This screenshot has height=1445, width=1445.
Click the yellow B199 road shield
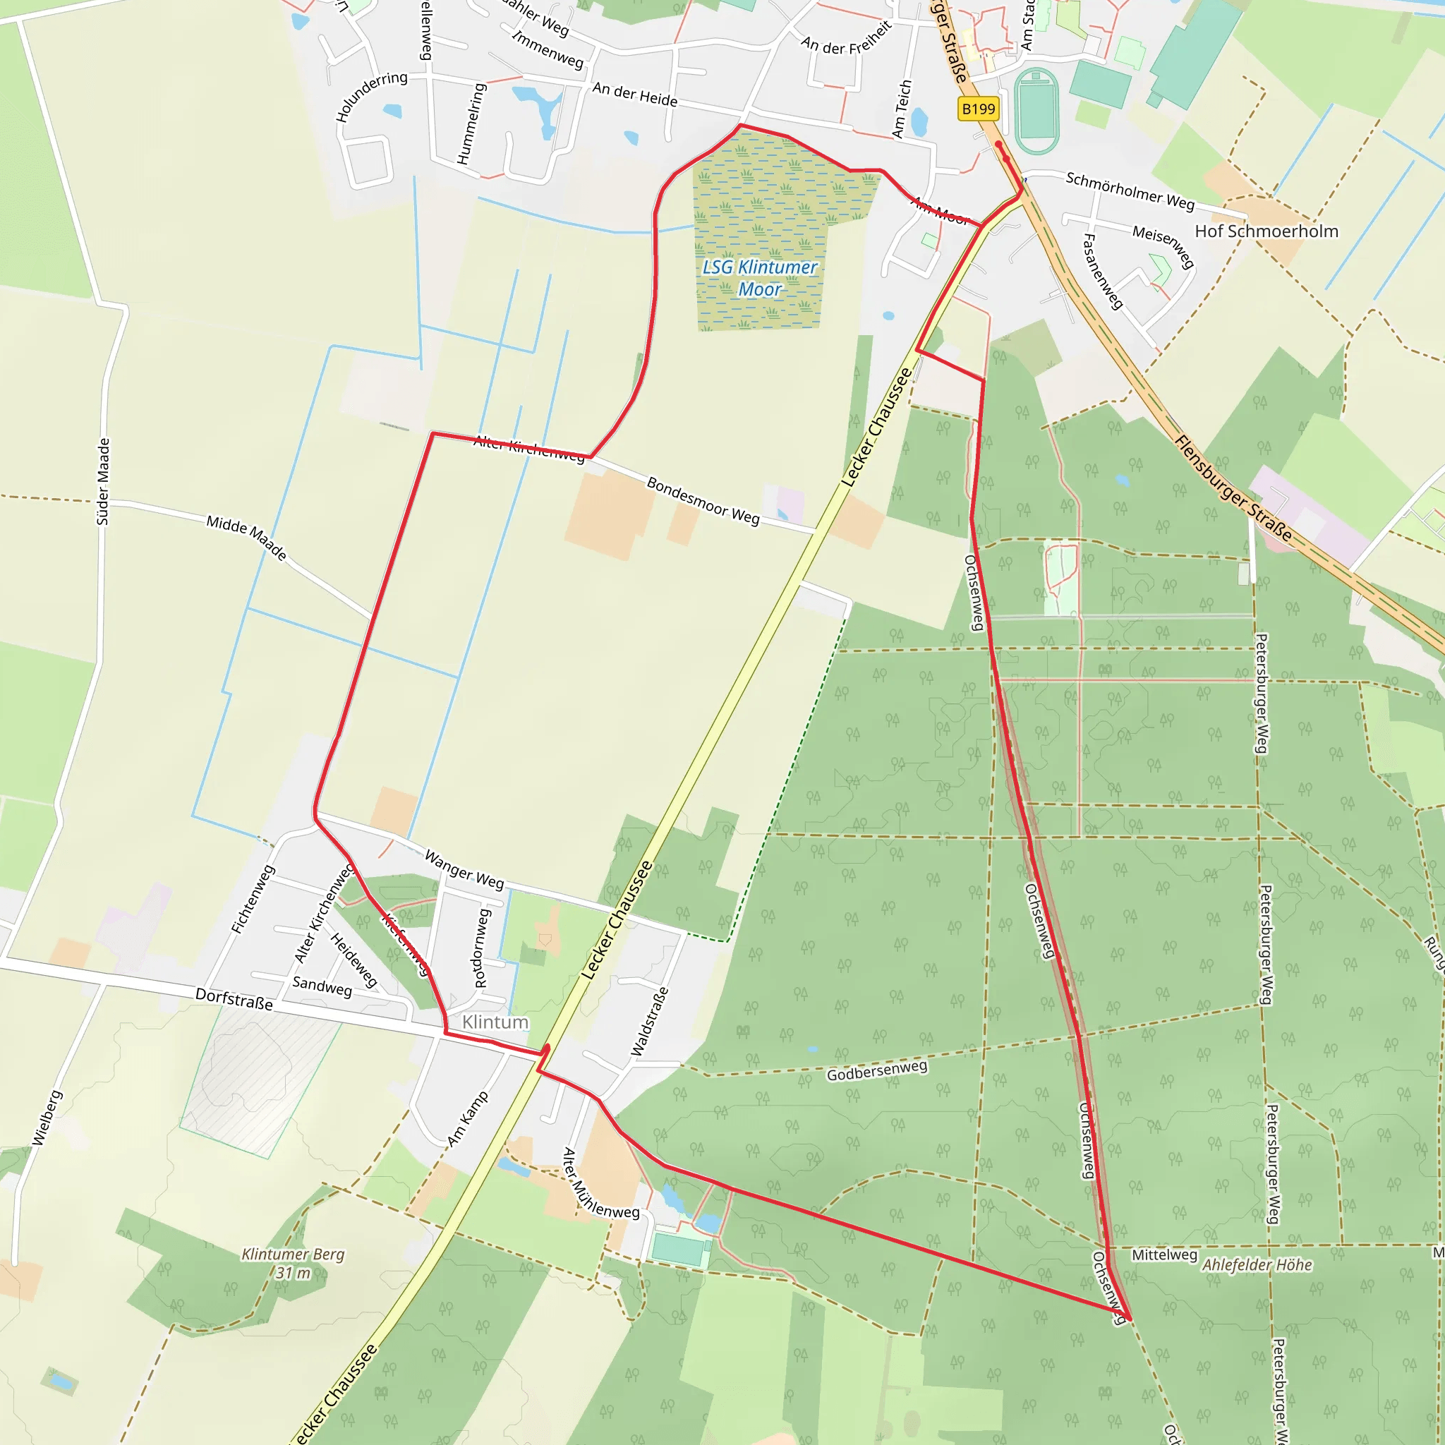click(x=979, y=109)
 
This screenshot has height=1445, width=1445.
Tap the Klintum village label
click(x=495, y=1022)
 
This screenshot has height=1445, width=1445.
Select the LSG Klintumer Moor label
click(x=760, y=278)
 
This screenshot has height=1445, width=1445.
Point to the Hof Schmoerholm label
click(x=1266, y=231)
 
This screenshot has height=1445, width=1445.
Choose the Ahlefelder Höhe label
click(x=1257, y=1265)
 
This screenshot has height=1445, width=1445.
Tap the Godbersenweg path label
click(x=876, y=1070)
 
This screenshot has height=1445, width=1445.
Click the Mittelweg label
click(x=1163, y=1255)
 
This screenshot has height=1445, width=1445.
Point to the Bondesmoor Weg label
click(x=702, y=500)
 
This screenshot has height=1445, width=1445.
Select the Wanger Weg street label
click(x=464, y=869)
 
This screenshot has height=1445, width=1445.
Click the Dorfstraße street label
click(x=234, y=998)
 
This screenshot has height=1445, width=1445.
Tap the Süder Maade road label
click(x=103, y=482)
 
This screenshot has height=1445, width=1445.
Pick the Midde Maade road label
click(x=247, y=537)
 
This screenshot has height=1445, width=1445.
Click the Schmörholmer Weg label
click(x=1130, y=191)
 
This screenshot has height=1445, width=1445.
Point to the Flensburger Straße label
click(x=1233, y=488)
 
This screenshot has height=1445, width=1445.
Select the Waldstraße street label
click(x=649, y=1021)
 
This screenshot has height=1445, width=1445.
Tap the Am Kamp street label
click(x=468, y=1119)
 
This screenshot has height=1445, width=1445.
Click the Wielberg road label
click(x=47, y=1118)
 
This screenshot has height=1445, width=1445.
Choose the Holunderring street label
click(x=371, y=97)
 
